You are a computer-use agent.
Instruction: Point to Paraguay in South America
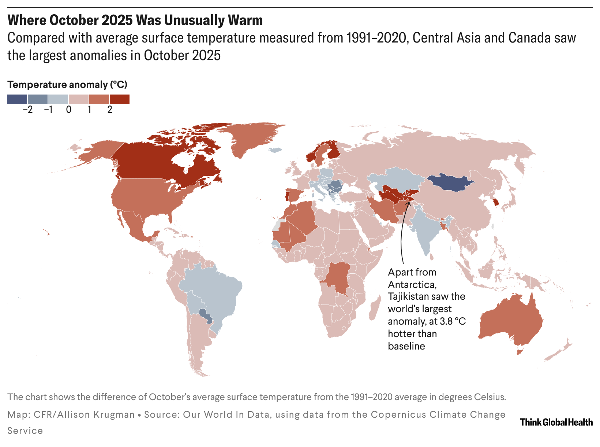tap(205, 315)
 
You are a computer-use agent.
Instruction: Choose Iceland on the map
tap(274, 150)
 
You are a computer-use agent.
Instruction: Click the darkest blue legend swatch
tap(17, 99)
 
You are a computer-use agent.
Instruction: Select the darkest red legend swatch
tap(119, 99)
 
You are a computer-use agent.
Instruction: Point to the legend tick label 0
tap(69, 110)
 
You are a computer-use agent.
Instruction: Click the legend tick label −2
tap(27, 110)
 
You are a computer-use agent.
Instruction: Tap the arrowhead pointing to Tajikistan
tap(408, 202)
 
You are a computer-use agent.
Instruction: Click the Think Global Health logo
tap(556, 422)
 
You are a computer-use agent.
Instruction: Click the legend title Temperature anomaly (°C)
tap(67, 85)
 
